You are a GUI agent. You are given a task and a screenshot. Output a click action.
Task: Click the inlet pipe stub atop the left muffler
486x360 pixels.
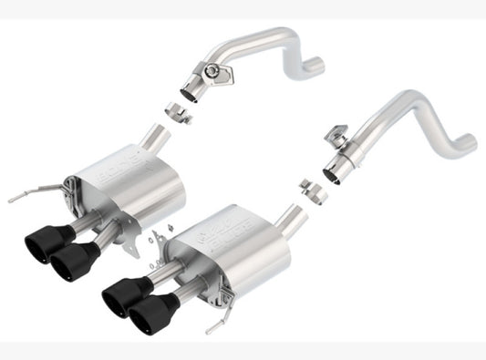[x=157, y=139]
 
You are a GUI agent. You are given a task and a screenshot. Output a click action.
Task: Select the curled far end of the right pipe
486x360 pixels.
[x=465, y=144]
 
